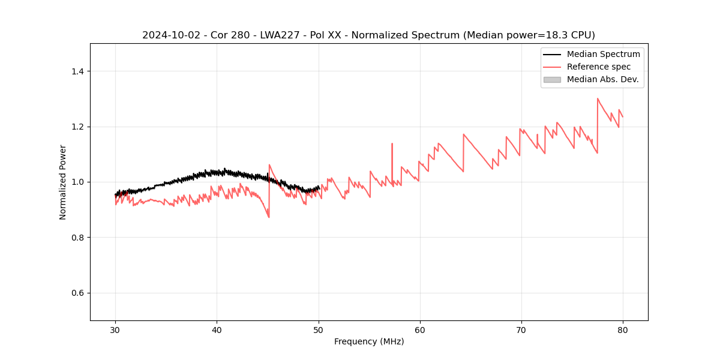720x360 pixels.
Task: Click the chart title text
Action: coord(368,35)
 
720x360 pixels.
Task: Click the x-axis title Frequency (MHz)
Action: coord(369,341)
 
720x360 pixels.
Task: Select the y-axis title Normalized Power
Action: coord(63,182)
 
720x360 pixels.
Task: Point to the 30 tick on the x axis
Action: coord(115,329)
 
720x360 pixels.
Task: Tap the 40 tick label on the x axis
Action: coord(217,329)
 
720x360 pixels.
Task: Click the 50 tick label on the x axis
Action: coord(318,329)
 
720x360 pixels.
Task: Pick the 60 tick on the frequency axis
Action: coord(420,329)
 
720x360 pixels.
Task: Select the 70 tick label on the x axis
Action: coord(521,329)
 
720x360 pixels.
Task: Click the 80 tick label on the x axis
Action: coord(623,329)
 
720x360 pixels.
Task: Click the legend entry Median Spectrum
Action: coord(603,54)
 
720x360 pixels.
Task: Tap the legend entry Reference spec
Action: coord(599,67)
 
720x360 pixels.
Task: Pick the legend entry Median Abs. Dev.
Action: coord(602,79)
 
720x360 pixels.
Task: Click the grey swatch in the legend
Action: coord(552,79)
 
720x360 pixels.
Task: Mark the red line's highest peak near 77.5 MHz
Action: coord(598,98)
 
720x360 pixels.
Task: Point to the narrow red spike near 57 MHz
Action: coord(392,144)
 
